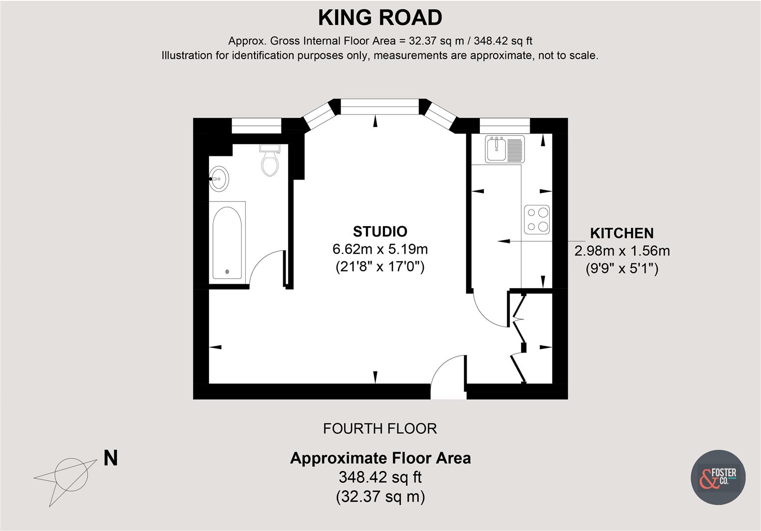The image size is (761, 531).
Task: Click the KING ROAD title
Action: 380,18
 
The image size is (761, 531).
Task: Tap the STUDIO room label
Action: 380,231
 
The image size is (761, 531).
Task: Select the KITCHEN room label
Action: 621,233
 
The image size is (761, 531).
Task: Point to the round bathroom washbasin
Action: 218,179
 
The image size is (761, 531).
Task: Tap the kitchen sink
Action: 504,148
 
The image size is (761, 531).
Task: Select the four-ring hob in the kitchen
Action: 536,219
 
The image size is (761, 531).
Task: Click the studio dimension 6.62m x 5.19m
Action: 380,249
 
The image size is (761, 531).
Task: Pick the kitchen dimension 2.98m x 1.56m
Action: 622,251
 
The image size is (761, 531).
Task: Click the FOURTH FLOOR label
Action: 380,429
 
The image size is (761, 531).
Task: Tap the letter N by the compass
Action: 111,458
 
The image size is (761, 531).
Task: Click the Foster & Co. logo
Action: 718,477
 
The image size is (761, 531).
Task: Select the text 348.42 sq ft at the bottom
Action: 380,477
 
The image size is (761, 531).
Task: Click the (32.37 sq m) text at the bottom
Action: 380,497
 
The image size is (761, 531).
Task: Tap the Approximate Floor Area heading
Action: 380,458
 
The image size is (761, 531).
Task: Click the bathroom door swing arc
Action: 265,265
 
